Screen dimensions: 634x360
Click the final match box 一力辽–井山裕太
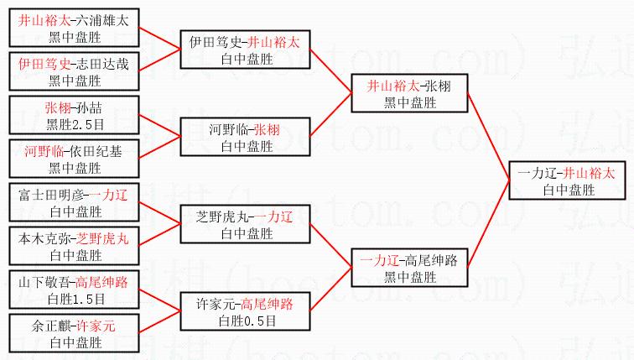pos(567,181)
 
